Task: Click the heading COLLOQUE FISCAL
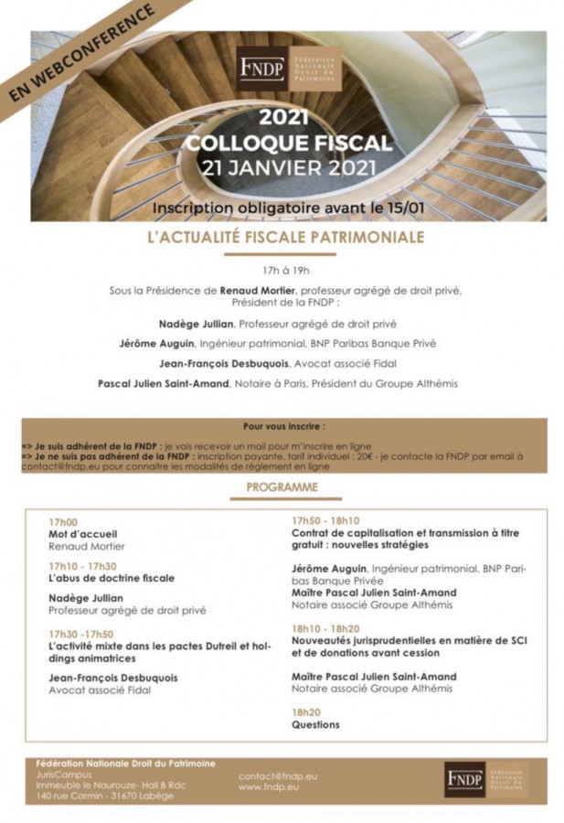(288, 144)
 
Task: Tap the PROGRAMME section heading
(282, 487)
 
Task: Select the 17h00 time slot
(63, 521)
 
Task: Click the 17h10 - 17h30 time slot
(82, 565)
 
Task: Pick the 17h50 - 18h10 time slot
(325, 519)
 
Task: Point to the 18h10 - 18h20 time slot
(325, 629)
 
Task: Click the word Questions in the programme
(315, 724)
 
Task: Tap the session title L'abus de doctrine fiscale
(112, 578)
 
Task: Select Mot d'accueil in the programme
(83, 533)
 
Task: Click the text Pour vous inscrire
(284, 426)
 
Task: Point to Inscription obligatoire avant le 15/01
(288, 207)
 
